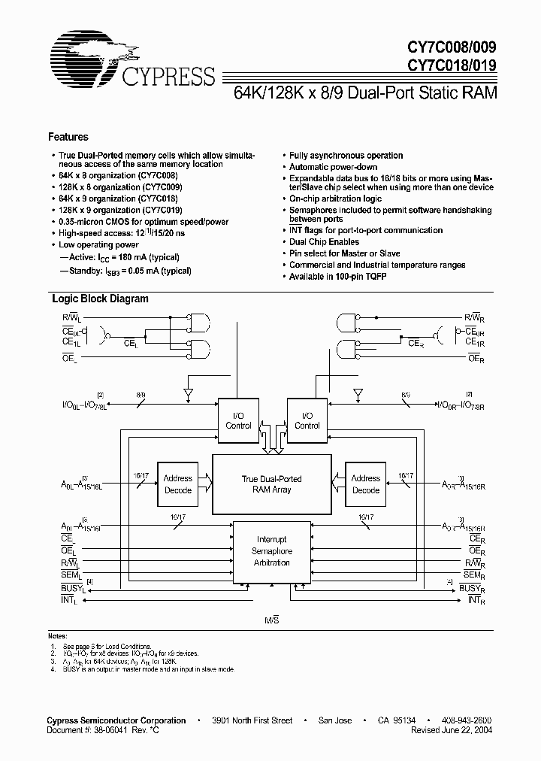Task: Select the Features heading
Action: point(68,137)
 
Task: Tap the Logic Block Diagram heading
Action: point(100,299)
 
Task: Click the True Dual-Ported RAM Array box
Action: point(272,484)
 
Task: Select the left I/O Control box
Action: point(239,420)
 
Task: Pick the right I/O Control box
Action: point(307,420)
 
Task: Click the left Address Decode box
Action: point(178,484)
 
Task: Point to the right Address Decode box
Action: point(366,484)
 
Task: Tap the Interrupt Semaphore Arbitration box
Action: point(272,550)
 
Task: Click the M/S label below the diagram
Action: point(271,619)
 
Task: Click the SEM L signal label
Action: point(72,575)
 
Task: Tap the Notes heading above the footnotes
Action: point(59,635)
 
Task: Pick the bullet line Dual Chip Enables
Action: point(324,242)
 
